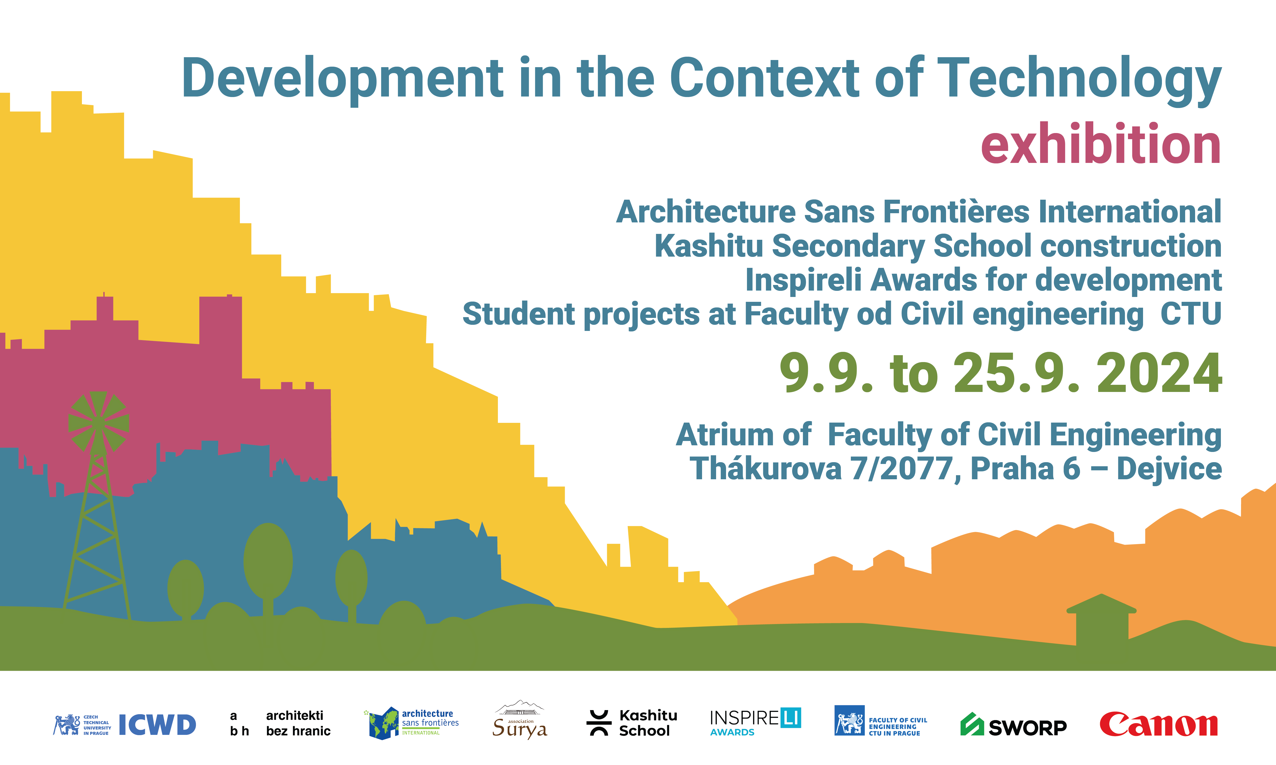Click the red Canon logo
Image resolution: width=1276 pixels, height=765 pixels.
coord(1159,725)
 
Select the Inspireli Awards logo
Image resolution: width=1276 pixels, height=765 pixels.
coord(755,722)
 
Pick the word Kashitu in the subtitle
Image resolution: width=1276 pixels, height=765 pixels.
coord(709,246)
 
